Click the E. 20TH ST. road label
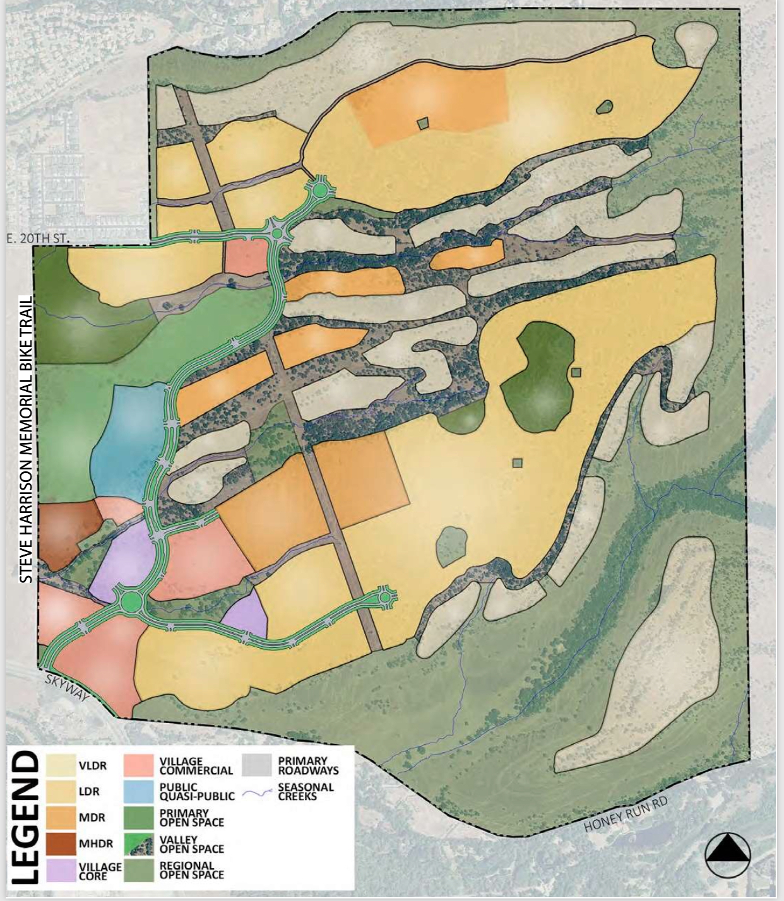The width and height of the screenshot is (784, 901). pos(37,238)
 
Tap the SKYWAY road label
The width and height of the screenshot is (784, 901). pos(67,686)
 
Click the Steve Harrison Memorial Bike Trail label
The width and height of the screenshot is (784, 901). pos(27,439)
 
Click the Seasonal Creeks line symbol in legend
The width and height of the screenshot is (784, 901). pos(257,792)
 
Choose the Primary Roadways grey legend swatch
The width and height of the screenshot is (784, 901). pos(257,765)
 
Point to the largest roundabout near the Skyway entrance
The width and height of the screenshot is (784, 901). pos(129,600)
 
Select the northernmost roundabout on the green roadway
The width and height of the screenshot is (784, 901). pos(320,189)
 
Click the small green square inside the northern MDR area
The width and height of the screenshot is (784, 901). pos(423,124)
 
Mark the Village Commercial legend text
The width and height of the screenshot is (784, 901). pos(196,766)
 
